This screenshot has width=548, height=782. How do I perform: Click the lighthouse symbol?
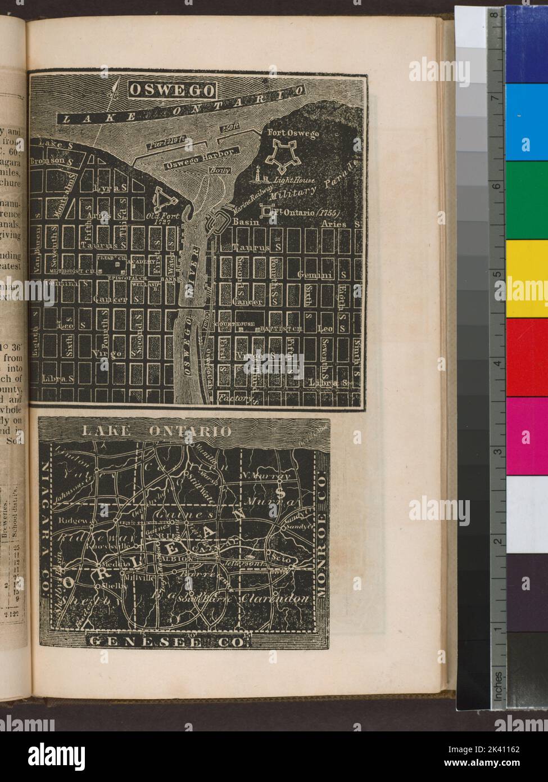coord(260,176)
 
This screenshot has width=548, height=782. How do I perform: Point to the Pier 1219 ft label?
coord(166,143)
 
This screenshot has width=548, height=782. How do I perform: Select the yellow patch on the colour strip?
coord(527,278)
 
